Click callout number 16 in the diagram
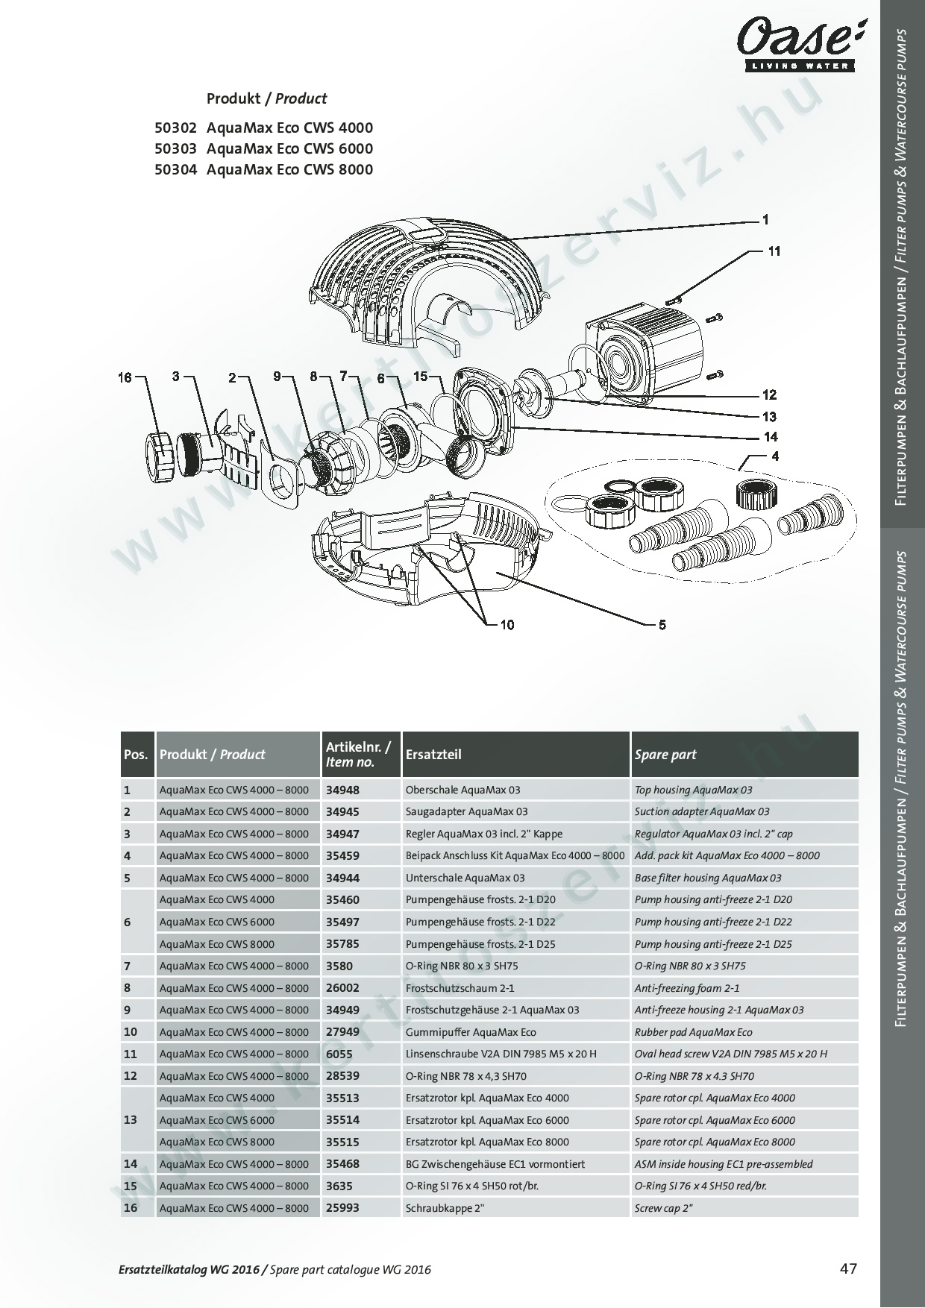click(x=125, y=377)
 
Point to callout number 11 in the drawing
click(x=774, y=251)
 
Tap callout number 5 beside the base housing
click(x=662, y=625)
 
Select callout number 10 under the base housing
click(x=507, y=625)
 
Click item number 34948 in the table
click(x=342, y=790)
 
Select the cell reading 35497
click(x=342, y=922)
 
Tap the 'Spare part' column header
click(x=665, y=755)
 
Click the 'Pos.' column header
click(x=136, y=755)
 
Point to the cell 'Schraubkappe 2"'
click(x=445, y=1208)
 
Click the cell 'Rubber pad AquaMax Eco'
click(x=693, y=1032)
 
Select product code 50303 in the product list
click(x=175, y=148)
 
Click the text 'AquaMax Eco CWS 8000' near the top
click(x=289, y=169)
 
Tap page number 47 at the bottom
click(x=849, y=1268)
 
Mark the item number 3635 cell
click(x=339, y=1186)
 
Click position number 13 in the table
click(x=130, y=1120)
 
